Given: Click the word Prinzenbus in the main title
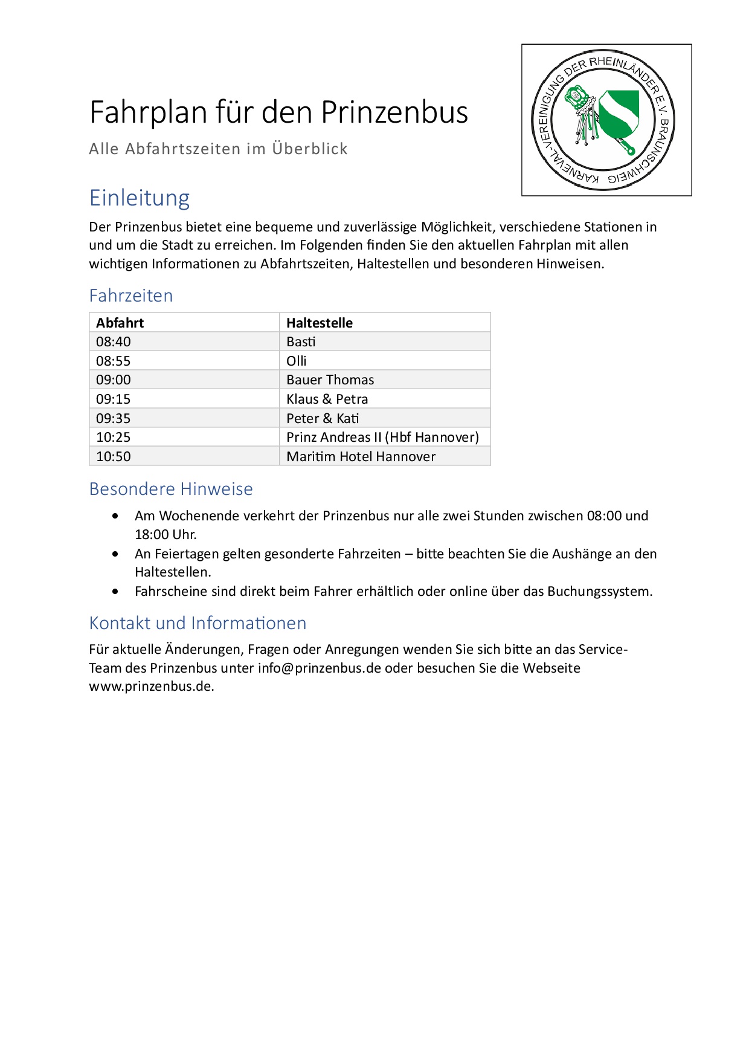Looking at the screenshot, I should click(x=394, y=112).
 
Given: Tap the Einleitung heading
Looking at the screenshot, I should click(x=140, y=198).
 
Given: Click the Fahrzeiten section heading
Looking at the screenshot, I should click(x=131, y=296).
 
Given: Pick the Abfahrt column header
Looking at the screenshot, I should click(x=120, y=323).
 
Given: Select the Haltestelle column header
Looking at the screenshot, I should click(x=320, y=323).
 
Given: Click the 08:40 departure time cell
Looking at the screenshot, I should click(x=114, y=342).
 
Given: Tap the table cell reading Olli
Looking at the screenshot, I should click(x=297, y=361).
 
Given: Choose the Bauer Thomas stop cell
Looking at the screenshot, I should click(x=330, y=380).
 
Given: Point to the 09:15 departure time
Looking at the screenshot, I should click(x=114, y=399).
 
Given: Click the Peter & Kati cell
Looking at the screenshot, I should click(x=323, y=418).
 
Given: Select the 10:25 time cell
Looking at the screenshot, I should click(x=114, y=438).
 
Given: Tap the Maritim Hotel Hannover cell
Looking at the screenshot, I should click(x=361, y=457).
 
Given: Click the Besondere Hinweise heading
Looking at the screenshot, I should click(x=171, y=489).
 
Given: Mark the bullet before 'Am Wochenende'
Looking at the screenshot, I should click(x=115, y=516).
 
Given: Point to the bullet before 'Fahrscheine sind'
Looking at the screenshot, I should click(x=115, y=592).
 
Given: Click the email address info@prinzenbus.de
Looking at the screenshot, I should click(x=320, y=668).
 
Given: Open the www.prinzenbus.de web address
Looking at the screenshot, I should click(x=151, y=687).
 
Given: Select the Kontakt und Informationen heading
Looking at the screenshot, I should click(x=198, y=623).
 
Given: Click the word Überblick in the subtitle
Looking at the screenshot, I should click(x=310, y=149).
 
